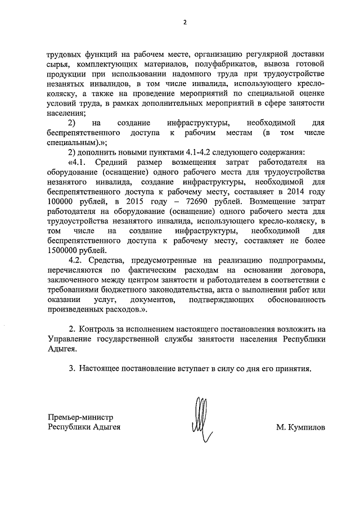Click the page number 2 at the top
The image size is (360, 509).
click(x=184, y=22)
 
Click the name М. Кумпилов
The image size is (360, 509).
click(x=300, y=427)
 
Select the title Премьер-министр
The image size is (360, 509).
click(x=80, y=417)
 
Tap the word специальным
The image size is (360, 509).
click(x=71, y=142)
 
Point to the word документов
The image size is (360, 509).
click(x=153, y=300)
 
